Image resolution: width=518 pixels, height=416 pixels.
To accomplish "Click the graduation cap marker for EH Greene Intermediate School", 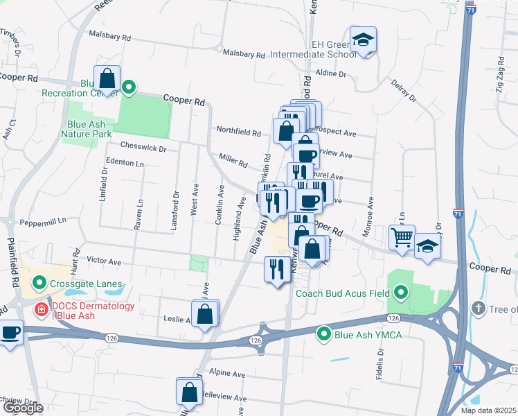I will point(363,40).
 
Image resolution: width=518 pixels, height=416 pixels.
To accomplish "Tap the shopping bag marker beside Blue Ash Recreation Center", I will point(107,78).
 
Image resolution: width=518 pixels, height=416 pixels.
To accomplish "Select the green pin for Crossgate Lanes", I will point(39,283).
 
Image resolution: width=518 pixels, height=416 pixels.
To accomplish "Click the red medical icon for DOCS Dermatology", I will point(42,309).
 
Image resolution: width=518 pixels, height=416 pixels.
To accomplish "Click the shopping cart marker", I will point(402,238).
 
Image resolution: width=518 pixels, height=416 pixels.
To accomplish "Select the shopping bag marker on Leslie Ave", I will point(206,313).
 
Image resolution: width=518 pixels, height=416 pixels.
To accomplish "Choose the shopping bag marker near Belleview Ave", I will point(190,392).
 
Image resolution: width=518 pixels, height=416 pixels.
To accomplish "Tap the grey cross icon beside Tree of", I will point(478,307).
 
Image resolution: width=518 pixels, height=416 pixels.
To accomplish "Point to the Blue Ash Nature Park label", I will point(86,130).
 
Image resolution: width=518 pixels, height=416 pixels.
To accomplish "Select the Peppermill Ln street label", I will point(42,220).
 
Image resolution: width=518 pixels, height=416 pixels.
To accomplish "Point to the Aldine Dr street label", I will point(330,73).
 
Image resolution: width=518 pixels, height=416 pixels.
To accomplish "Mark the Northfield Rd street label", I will point(238,131).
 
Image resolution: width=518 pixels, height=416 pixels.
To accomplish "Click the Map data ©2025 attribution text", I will point(488,410).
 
